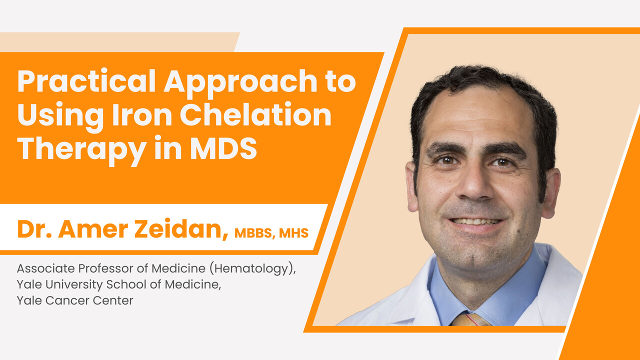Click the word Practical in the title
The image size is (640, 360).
[86, 81]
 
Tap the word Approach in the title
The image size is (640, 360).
[240, 83]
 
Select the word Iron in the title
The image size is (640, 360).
[142, 114]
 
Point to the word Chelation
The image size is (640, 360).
[255, 114]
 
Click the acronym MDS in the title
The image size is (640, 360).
[223, 147]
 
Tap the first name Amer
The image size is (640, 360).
[93, 229]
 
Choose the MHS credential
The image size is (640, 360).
[293, 233]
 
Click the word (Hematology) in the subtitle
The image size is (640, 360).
[253, 269]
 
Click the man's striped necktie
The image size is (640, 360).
[470, 319]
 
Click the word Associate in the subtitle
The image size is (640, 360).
[45, 268]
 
